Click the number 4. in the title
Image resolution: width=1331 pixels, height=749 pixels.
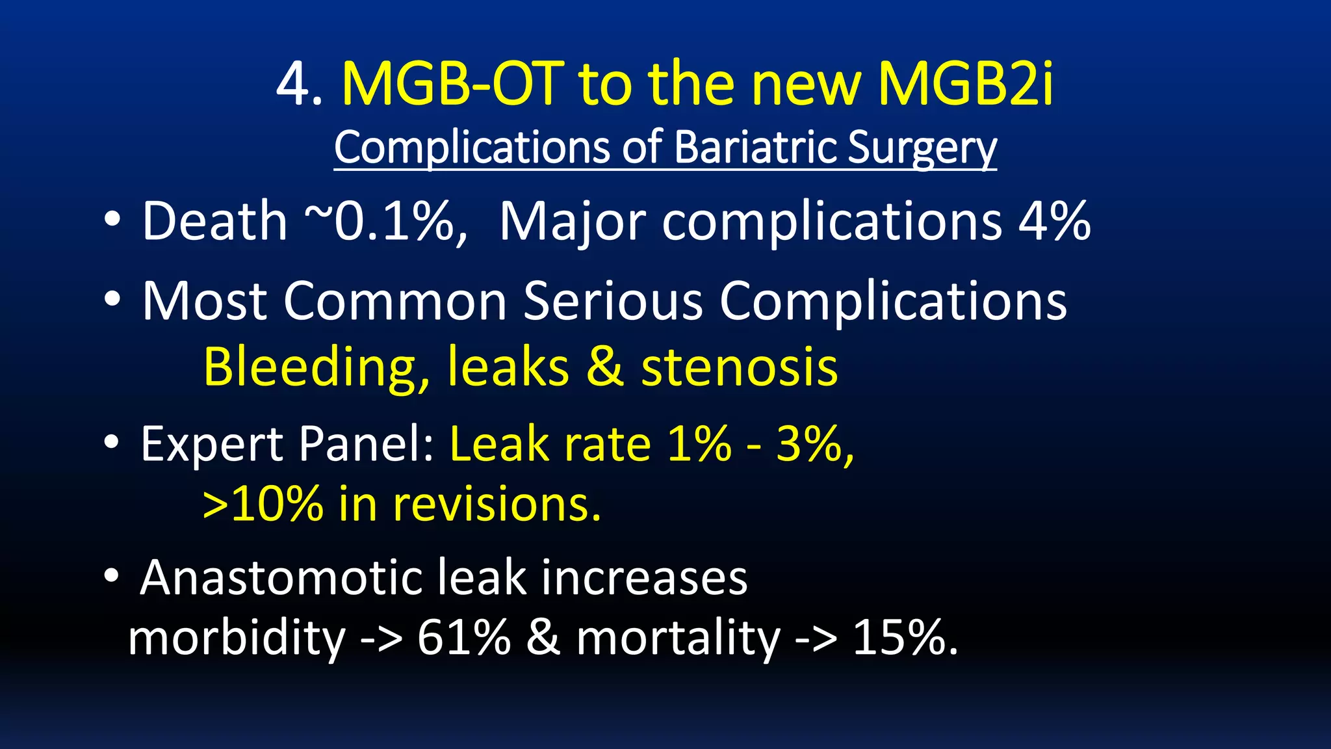coord(298,85)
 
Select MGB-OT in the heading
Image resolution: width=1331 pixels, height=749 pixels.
coord(452,85)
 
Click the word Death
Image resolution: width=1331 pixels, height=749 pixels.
coord(214,222)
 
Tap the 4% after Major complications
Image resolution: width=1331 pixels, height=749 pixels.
coord(1054,222)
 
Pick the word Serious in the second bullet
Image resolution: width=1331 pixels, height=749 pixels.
coord(613,301)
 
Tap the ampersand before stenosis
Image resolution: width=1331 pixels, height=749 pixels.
coord(604,367)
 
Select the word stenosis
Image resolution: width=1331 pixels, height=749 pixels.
coord(740,367)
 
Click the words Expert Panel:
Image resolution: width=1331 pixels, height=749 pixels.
coord(287,445)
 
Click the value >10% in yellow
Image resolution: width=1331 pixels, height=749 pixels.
coord(263,505)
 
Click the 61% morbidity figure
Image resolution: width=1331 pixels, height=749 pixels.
coord(463,638)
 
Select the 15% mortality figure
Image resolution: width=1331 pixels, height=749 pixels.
coord(903,638)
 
